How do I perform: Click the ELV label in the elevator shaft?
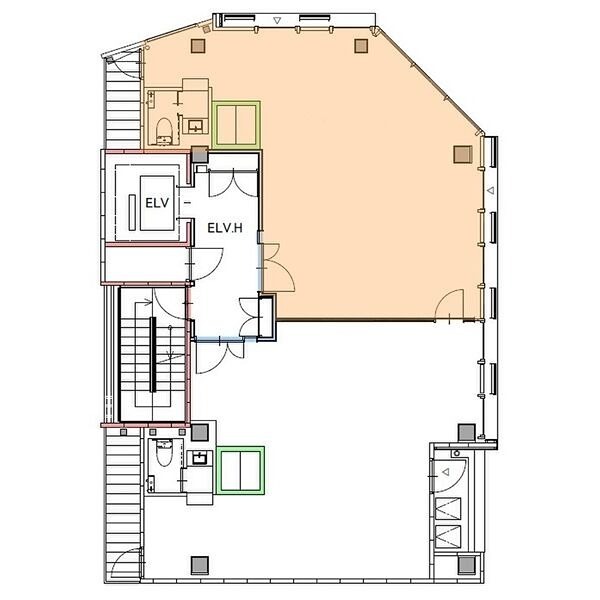157,203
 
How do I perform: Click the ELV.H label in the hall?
225,228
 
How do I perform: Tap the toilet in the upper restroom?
165,131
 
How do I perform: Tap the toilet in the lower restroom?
165,453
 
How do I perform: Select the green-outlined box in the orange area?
236,124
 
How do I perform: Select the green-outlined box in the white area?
240,470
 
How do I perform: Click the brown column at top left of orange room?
198,46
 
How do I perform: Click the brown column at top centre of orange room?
361,46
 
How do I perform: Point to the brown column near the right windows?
463,154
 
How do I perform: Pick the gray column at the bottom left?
199,565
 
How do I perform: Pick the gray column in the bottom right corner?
467,564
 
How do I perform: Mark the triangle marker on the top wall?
277,20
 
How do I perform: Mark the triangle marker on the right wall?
490,190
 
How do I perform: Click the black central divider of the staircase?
153,355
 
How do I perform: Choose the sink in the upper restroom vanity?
195,125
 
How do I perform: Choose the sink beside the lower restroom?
200,458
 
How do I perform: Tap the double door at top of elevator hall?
233,184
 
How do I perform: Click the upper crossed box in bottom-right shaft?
448,509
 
